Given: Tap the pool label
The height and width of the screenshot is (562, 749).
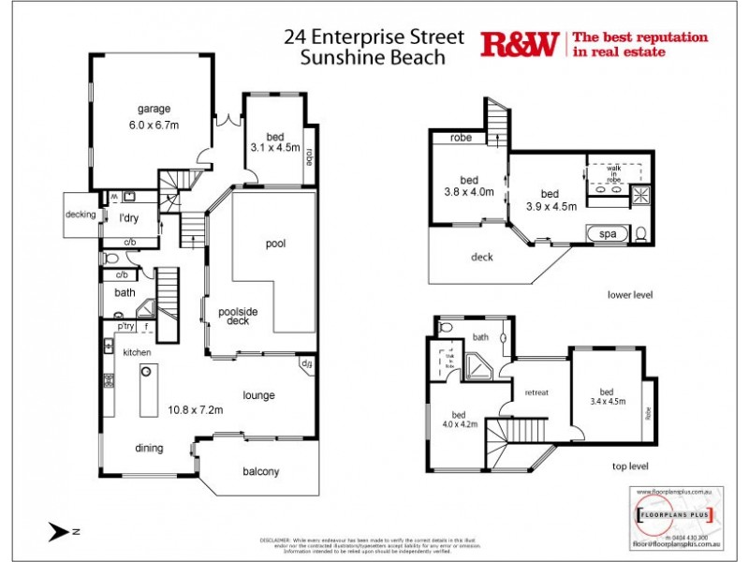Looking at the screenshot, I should [275, 244].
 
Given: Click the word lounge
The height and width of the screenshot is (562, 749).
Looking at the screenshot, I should [258, 395].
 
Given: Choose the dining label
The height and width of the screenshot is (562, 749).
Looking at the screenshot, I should [149, 448].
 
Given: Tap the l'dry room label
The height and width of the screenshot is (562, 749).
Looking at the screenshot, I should [129, 219].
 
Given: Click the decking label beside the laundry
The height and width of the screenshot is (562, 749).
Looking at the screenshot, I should [81, 214].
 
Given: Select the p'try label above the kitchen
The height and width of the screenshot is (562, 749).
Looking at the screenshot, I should [125, 326].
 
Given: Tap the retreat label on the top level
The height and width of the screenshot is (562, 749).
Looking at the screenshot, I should [536, 392].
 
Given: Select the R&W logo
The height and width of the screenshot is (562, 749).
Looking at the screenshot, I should [520, 44].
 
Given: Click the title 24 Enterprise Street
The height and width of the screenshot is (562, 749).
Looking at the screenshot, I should [374, 37].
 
